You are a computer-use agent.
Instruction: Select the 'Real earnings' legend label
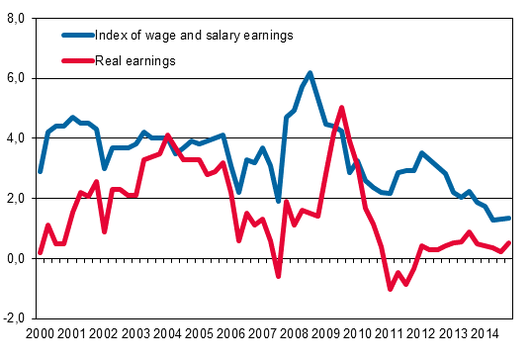tap(134, 61)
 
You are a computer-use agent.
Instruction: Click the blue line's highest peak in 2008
tap(310, 73)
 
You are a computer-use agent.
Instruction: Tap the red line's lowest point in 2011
tap(390, 289)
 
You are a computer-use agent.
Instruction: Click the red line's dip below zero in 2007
tap(279, 276)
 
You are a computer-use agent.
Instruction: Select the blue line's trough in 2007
tap(279, 201)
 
